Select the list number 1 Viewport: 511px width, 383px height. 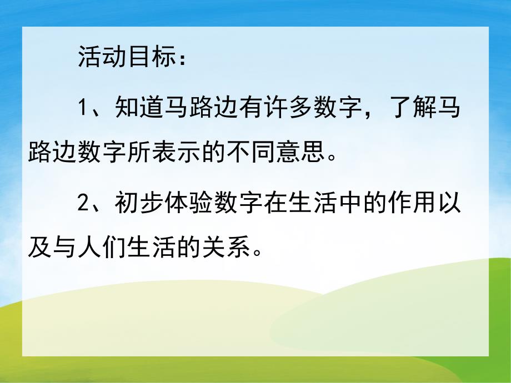83,107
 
